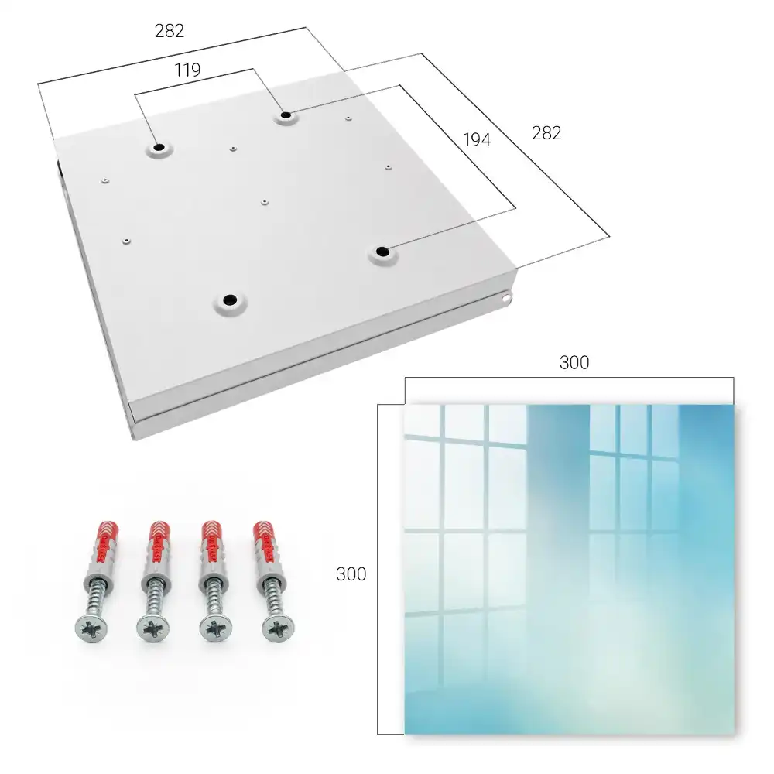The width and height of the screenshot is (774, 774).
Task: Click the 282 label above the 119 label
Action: tap(170, 31)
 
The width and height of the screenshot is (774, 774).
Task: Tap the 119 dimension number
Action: tap(187, 70)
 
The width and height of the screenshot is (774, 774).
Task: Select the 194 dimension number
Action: tap(477, 139)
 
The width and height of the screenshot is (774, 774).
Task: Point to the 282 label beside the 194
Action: tap(546, 133)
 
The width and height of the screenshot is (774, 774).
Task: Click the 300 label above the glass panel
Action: tap(574, 362)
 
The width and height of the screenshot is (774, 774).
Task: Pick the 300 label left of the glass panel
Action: tap(351, 574)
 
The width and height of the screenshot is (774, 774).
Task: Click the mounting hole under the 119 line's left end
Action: tap(159, 148)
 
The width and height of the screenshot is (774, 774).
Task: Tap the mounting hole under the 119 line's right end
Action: tap(286, 116)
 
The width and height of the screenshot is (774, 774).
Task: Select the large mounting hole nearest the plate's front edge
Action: tap(230, 300)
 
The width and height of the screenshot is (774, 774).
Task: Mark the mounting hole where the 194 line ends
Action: tap(382, 252)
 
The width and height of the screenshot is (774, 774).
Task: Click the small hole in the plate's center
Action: tap(265, 202)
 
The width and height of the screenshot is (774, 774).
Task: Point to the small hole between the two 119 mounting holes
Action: tap(233, 148)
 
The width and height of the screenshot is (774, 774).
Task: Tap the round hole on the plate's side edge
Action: tap(506, 299)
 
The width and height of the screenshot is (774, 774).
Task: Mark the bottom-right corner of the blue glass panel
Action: tap(734, 734)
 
